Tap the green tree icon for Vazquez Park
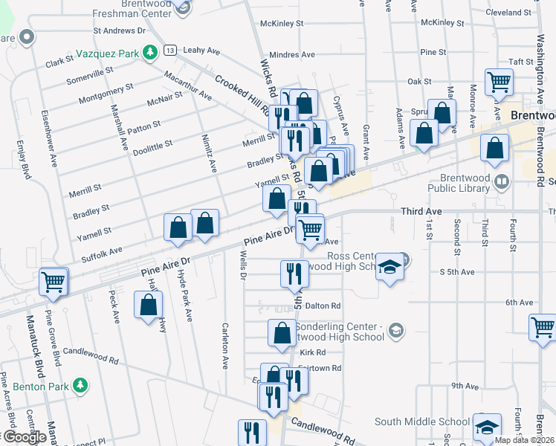pos(150,52)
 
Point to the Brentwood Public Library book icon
pos(502,181)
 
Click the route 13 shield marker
pos(170,50)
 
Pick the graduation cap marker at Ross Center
pos(389,268)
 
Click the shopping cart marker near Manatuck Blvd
pos(54,282)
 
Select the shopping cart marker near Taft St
pos(499,82)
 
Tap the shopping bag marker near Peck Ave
pos(149,304)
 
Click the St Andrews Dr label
pos(119,30)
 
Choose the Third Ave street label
pos(421,212)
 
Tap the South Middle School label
pos(421,421)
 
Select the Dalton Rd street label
pos(323,306)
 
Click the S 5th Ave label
pos(457,272)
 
